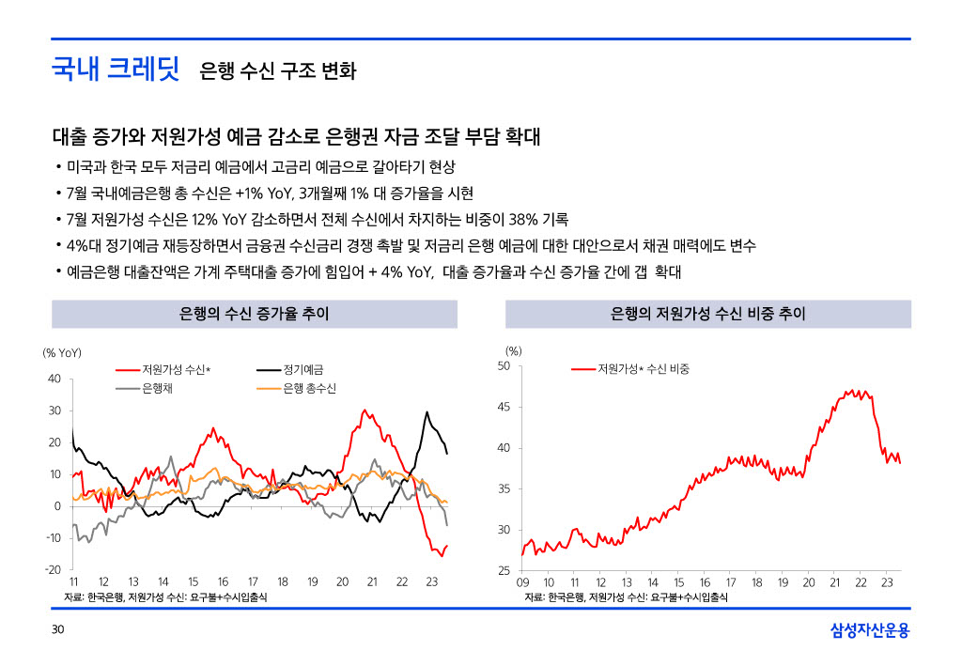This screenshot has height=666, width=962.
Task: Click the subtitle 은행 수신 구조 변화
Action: click(x=277, y=71)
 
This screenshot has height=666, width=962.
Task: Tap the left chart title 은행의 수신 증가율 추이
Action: click(x=254, y=314)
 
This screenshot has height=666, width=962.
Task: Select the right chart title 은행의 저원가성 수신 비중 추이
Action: click(x=707, y=314)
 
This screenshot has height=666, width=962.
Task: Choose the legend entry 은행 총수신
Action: click(x=309, y=388)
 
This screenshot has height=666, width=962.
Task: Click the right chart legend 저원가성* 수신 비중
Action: click(x=644, y=369)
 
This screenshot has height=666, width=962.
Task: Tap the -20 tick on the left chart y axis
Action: click(x=53, y=569)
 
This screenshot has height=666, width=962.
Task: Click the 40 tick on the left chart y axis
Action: click(x=54, y=379)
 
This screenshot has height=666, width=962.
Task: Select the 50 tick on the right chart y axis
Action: click(x=504, y=365)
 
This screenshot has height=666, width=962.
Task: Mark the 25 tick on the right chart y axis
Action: click(x=504, y=571)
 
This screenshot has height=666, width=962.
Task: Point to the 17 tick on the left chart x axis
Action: click(x=253, y=582)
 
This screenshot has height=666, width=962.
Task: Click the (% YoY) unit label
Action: click(x=63, y=352)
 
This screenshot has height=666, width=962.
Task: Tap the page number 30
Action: click(x=57, y=629)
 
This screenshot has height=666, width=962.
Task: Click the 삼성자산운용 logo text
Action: click(x=870, y=630)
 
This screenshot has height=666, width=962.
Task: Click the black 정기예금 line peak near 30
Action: click(x=427, y=412)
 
